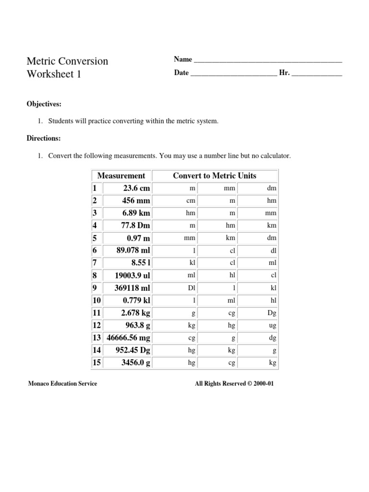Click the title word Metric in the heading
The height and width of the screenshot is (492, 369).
click(41, 61)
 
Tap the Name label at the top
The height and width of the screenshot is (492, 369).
click(183, 60)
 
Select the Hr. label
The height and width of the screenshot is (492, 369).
click(284, 73)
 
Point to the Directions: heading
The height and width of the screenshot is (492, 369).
click(43, 138)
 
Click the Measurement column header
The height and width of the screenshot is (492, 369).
click(121, 176)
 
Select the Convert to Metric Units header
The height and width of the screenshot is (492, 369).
click(214, 176)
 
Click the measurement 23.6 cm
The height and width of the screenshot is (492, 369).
click(136, 188)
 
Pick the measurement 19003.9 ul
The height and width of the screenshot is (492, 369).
click(130, 275)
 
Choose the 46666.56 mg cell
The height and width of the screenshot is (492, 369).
click(128, 338)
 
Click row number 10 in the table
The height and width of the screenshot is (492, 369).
click(96, 300)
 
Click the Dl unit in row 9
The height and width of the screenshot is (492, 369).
click(192, 288)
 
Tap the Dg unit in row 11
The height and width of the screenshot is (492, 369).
click(272, 313)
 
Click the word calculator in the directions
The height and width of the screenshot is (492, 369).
click(275, 156)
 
